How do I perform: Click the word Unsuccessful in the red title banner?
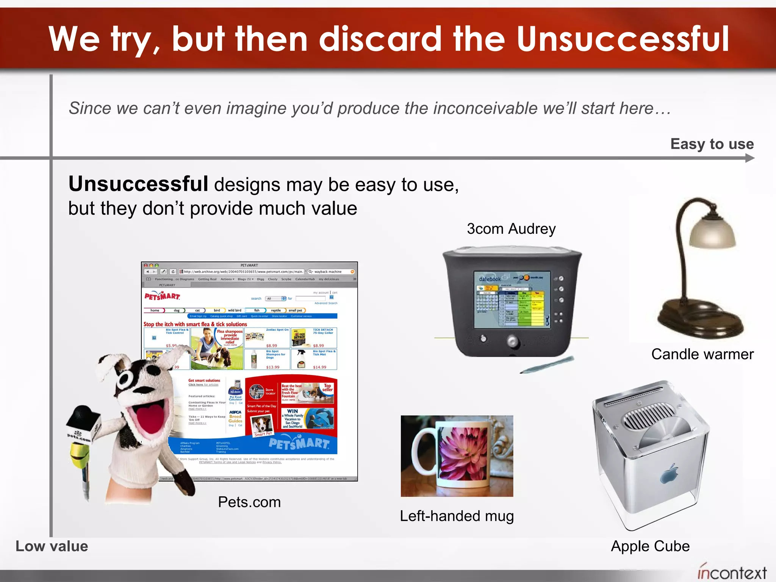point(622,39)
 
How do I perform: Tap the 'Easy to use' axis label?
point(712,144)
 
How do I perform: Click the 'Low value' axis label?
point(52,546)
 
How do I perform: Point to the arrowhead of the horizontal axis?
point(750,158)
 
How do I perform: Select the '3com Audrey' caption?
point(511,229)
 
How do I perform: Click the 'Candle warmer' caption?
point(702,354)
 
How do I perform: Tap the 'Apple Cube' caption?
point(650,546)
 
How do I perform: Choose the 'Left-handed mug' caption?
point(457,516)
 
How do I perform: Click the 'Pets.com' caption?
point(249,502)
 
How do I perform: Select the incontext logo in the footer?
point(732,572)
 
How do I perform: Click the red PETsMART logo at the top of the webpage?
point(162,296)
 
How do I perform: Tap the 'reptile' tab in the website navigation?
point(275,310)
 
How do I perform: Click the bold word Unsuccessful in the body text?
point(138,184)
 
